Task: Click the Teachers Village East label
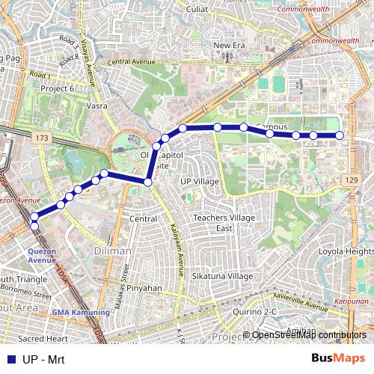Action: (225, 222)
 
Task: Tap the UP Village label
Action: (200, 181)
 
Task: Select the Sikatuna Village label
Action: (222, 276)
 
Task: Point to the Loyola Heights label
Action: (345, 252)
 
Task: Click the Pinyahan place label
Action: (144, 287)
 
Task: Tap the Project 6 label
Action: (56, 88)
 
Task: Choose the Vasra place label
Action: (96, 106)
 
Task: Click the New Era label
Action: (229, 46)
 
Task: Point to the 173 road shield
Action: (41, 138)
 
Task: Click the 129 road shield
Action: (352, 181)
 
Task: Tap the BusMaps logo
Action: (337, 359)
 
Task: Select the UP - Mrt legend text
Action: (43, 360)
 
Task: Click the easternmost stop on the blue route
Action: (340, 135)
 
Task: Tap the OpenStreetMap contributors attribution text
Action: (308, 335)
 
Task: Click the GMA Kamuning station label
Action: (80, 312)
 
